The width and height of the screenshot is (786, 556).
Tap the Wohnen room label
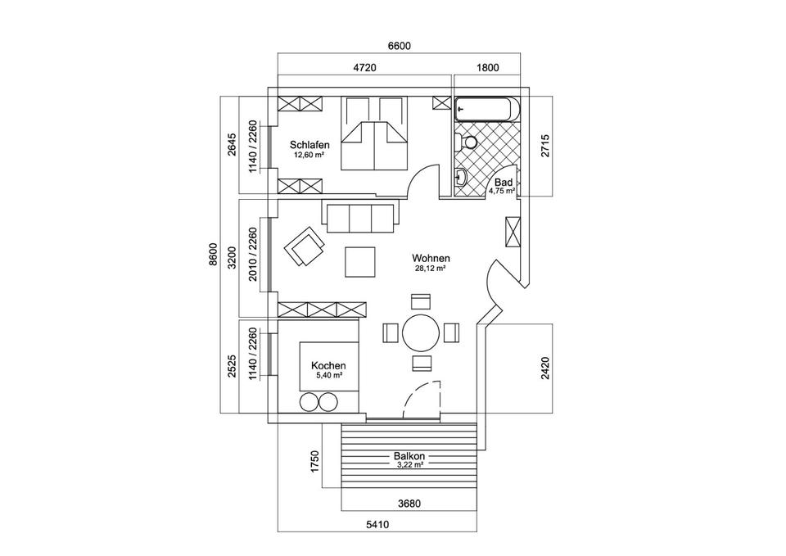point(429,258)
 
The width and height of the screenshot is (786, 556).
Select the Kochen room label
point(328,366)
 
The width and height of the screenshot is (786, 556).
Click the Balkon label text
point(409,456)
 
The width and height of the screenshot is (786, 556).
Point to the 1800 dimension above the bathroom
point(486,69)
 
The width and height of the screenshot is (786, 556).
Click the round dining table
point(421,332)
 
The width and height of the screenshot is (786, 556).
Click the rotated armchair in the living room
point(302,246)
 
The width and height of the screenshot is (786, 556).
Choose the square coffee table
point(360,263)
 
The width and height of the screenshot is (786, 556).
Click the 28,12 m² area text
point(429,268)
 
